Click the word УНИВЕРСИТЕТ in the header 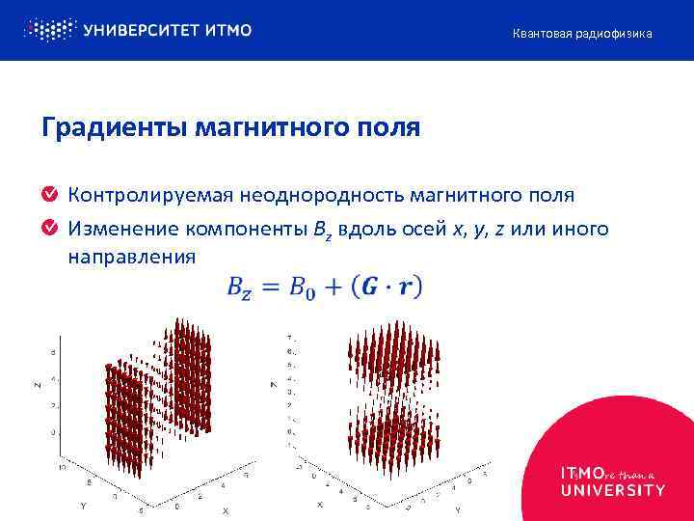pyautogui.click(x=142, y=30)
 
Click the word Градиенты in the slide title pyautogui.click(x=109, y=127)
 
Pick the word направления pyautogui.click(x=131, y=258)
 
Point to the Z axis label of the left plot pyautogui.click(x=37, y=385)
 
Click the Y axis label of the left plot pyautogui.click(x=83, y=504)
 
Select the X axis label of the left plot pyautogui.click(x=227, y=508)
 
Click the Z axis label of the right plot pyautogui.click(x=275, y=385)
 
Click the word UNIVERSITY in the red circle pyautogui.click(x=612, y=490)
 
